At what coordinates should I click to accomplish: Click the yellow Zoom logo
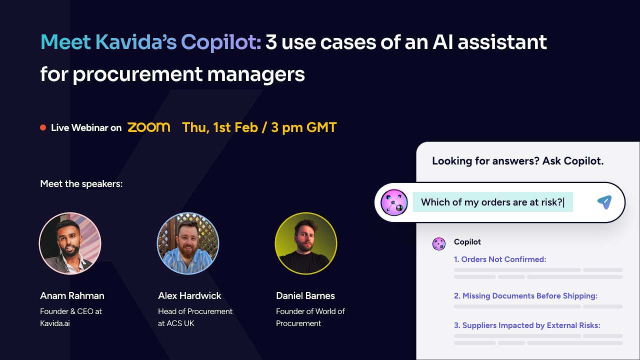coord(148,127)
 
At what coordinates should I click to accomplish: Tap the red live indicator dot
coord(43,128)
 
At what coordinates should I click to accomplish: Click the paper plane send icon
coord(604,202)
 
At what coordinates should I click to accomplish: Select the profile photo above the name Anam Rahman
coord(70,243)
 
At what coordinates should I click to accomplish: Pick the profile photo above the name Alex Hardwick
coord(188,243)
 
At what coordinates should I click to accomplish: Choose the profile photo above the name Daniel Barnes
coord(306,243)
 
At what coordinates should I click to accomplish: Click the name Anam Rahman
coord(72,296)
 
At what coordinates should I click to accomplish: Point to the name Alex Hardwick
coord(189,296)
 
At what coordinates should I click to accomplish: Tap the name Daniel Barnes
coord(305,296)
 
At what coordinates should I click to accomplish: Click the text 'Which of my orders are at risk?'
coord(492,202)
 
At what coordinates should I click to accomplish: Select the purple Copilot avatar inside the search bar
coord(394,202)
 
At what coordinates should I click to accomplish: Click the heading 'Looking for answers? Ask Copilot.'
coord(517,161)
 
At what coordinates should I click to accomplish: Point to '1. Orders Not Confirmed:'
coord(499,259)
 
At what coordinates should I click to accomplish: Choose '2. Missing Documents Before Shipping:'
coord(525,296)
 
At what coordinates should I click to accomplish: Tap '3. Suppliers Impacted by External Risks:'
coord(527,325)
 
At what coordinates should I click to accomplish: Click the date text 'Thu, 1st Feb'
coord(220,127)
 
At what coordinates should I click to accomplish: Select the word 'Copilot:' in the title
coord(221,42)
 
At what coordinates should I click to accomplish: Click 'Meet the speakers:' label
coord(81,184)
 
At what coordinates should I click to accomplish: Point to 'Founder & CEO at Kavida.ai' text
coord(71,317)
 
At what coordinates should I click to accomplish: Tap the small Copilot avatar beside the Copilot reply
coord(438,244)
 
